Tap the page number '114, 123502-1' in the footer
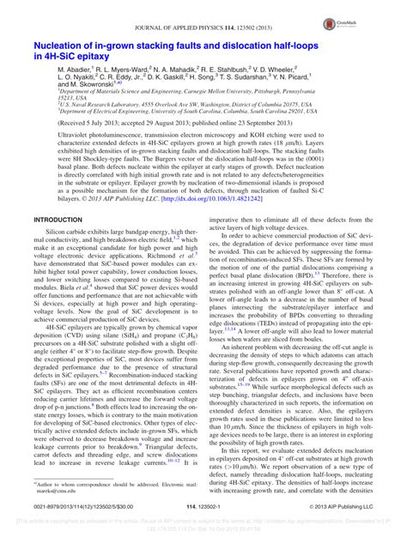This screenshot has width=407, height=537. pyautogui.click(x=204, y=509)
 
